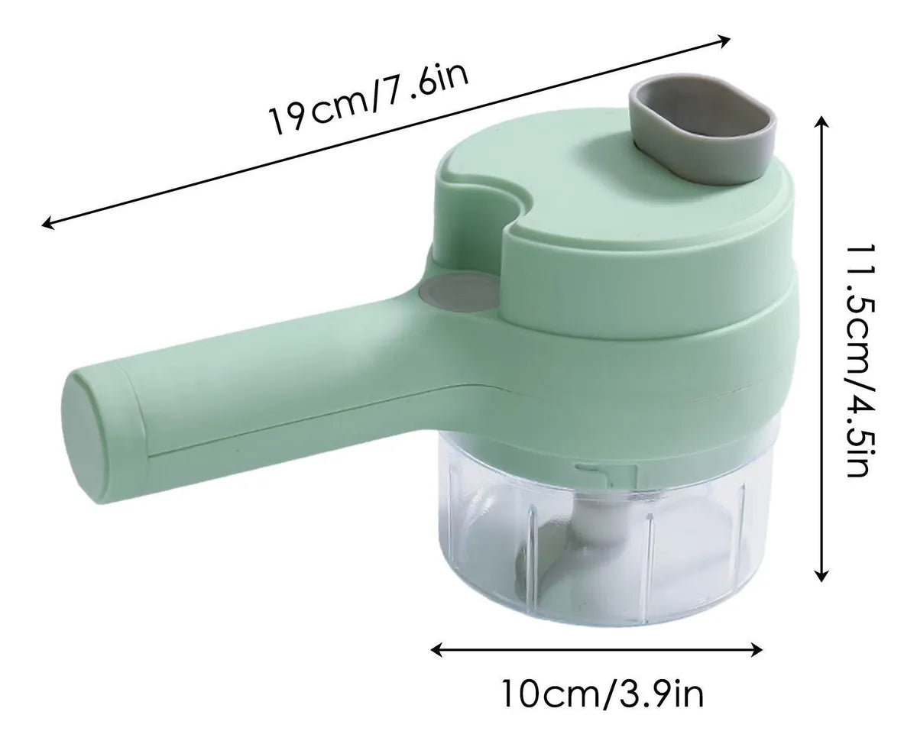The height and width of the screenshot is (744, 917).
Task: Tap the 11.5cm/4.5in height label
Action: tap(860, 361)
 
